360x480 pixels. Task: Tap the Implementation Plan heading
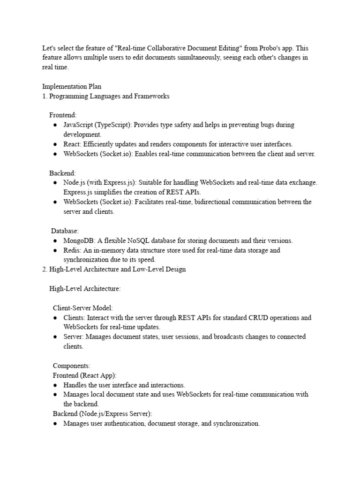coord(72,87)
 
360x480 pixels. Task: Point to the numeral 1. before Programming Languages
coord(45,96)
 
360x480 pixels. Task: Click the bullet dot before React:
coord(55,144)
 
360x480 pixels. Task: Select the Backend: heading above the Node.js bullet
coord(62,173)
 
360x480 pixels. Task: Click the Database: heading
coord(65,231)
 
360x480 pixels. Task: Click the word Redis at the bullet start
coord(72,250)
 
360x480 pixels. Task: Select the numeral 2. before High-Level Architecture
coord(45,270)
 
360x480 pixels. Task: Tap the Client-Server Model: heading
coord(82,308)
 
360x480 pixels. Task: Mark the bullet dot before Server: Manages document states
coord(55,337)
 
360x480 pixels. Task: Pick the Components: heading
coord(71,366)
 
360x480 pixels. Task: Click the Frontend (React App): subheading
coord(84,375)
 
